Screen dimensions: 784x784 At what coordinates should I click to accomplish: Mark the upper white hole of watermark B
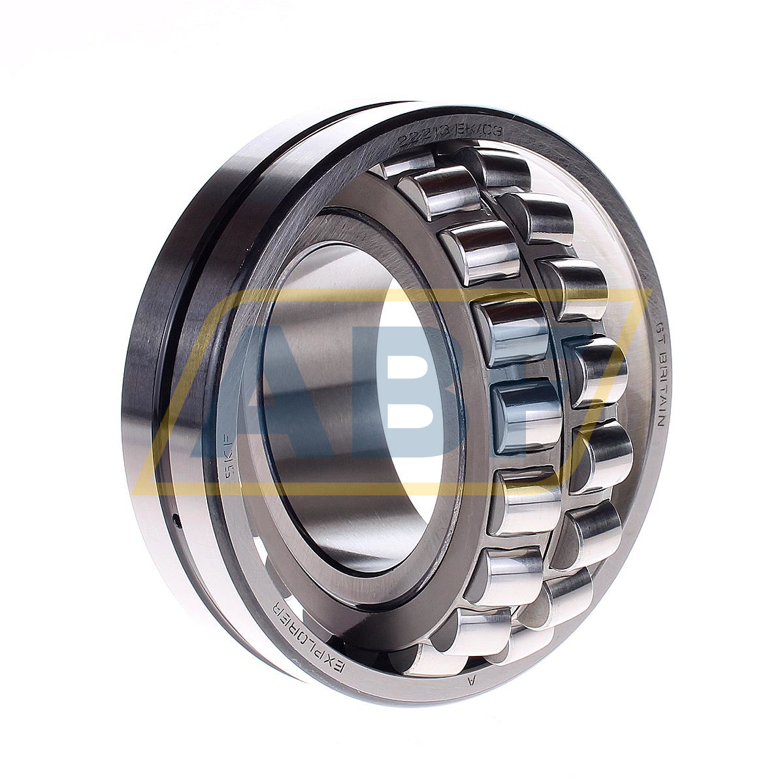coord(406,358)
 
